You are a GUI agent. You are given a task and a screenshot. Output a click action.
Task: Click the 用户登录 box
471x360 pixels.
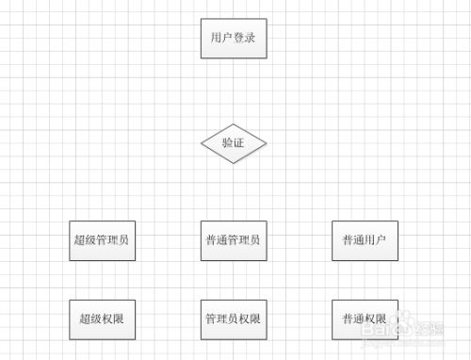click(x=234, y=39)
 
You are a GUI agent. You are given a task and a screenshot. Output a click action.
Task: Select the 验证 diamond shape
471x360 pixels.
click(x=234, y=143)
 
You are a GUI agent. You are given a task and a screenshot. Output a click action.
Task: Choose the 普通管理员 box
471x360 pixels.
click(x=234, y=240)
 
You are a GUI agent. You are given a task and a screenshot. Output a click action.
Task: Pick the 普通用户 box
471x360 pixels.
click(x=365, y=240)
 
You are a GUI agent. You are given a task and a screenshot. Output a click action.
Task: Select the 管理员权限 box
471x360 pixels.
click(x=234, y=319)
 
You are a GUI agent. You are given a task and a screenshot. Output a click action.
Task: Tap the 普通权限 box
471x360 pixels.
click(x=365, y=319)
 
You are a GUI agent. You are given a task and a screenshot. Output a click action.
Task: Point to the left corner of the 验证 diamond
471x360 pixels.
click(x=202, y=143)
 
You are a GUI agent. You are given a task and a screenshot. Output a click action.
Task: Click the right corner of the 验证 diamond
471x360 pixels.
click(x=267, y=143)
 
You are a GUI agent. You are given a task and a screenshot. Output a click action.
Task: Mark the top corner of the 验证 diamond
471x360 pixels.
click(x=234, y=124)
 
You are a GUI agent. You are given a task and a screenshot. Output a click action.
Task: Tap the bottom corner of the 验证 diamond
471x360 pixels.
click(x=234, y=162)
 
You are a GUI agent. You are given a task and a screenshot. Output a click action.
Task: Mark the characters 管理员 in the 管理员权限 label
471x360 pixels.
click(x=223, y=319)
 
